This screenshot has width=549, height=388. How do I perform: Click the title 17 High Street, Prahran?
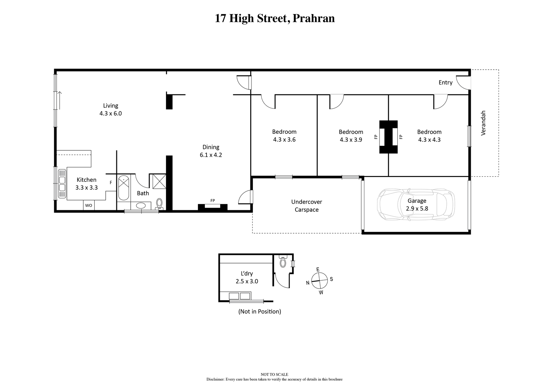coord(274,19)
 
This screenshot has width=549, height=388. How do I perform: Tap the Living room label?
coord(110,106)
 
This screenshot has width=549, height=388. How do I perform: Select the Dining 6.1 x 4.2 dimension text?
coord(211,155)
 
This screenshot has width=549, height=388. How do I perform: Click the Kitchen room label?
coord(86,180)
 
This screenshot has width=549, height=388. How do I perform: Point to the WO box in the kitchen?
coord(89,205)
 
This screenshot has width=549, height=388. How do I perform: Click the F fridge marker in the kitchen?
coord(111,183)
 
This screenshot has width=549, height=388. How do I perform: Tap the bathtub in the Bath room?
coord(124,188)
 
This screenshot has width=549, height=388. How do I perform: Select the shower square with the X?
coord(159,181)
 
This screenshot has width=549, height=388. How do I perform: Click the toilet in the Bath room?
coord(159,204)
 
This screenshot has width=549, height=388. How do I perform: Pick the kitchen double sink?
coord(62,184)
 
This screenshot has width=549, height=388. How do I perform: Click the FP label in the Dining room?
coord(212,200)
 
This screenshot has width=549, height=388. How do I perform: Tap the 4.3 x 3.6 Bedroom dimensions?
coord(284,140)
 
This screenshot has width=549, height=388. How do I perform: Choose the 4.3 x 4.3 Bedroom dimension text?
coord(429,140)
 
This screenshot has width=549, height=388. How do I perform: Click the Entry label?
coord(445,83)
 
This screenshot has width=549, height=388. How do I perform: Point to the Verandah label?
coord(483,123)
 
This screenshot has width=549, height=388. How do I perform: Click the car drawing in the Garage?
coord(416,204)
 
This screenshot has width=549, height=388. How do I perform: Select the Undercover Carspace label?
coord(307,205)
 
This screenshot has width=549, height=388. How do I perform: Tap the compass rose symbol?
coord(319,281)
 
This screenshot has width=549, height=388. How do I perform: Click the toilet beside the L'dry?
coord(283,261)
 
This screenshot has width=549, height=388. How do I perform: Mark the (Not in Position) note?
coord(259,311)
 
